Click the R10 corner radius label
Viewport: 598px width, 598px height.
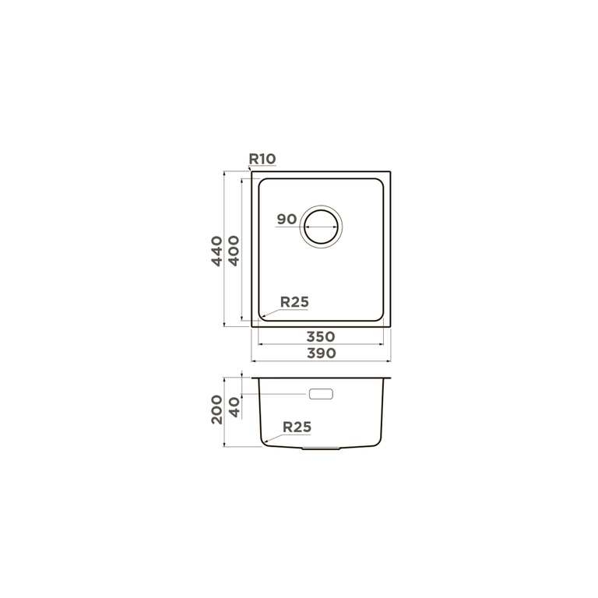[x=262, y=159]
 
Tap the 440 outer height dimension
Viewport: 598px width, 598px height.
[x=217, y=251]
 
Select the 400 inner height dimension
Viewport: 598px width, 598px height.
[x=234, y=251]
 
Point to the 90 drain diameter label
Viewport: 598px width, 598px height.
[x=287, y=220]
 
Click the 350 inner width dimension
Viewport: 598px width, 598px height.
[x=321, y=336]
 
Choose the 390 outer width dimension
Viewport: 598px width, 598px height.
[x=322, y=354]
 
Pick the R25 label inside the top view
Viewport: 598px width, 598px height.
[x=294, y=302]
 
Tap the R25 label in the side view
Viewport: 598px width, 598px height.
[x=297, y=427]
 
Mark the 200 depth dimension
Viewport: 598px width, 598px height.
[x=217, y=410]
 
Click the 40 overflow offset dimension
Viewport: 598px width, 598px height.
[x=234, y=407]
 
